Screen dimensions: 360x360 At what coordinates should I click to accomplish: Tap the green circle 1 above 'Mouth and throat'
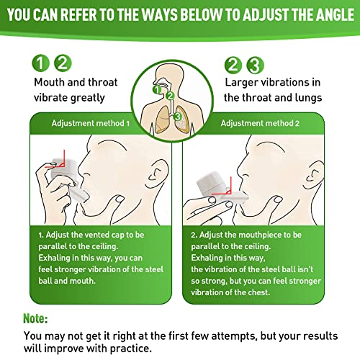coord(43,63)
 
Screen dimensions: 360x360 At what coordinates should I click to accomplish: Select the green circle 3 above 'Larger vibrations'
coord(253,63)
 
